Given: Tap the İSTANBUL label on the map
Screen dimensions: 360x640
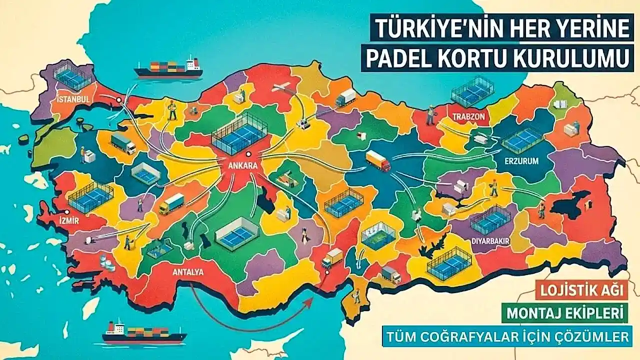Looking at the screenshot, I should (x=73, y=99).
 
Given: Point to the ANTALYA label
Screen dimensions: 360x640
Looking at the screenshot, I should (x=188, y=272).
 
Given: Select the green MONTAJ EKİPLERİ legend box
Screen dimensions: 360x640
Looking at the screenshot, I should (x=565, y=313).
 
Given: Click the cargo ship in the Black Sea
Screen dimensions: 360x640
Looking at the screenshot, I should (x=168, y=69).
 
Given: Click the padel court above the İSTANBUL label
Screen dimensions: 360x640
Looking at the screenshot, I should (x=73, y=76).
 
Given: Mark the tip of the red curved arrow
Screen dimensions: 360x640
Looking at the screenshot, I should (x=313, y=298).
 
